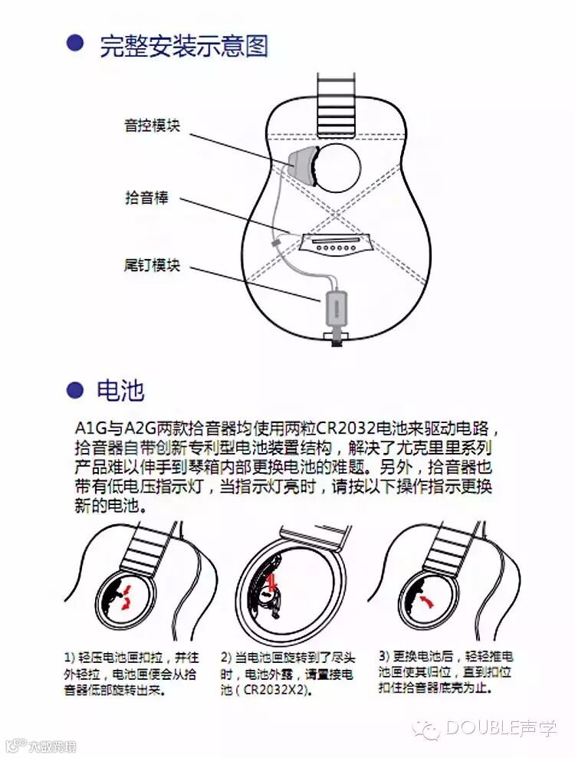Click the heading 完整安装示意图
[x=184, y=46]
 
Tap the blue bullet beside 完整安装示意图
[x=74, y=43]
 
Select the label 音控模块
[x=153, y=126]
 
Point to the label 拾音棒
[x=146, y=197]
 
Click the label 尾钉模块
[x=153, y=265]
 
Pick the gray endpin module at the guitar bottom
[x=335, y=307]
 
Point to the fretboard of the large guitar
[x=337, y=104]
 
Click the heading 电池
[x=120, y=389]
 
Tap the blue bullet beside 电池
[x=74, y=389]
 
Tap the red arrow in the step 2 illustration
[x=272, y=581]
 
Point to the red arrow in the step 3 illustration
[x=426, y=601]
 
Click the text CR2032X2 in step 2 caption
[x=274, y=689]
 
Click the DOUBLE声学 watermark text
[x=501, y=728]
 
